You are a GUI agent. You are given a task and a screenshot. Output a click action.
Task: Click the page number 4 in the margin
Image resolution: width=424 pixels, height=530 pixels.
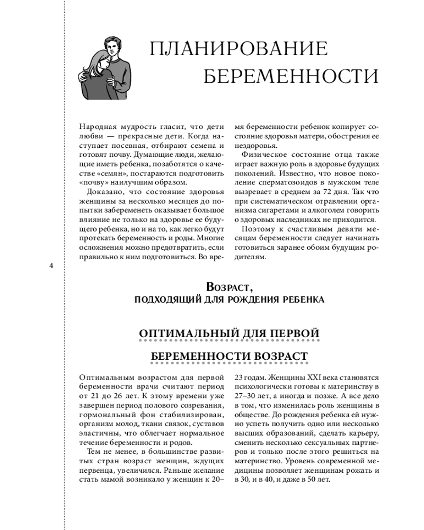tap(51, 266)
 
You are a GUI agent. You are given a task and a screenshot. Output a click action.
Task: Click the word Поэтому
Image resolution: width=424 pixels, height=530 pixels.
tap(259, 229)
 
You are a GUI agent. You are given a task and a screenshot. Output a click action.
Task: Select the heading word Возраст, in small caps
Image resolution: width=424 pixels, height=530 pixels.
tap(229, 287)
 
